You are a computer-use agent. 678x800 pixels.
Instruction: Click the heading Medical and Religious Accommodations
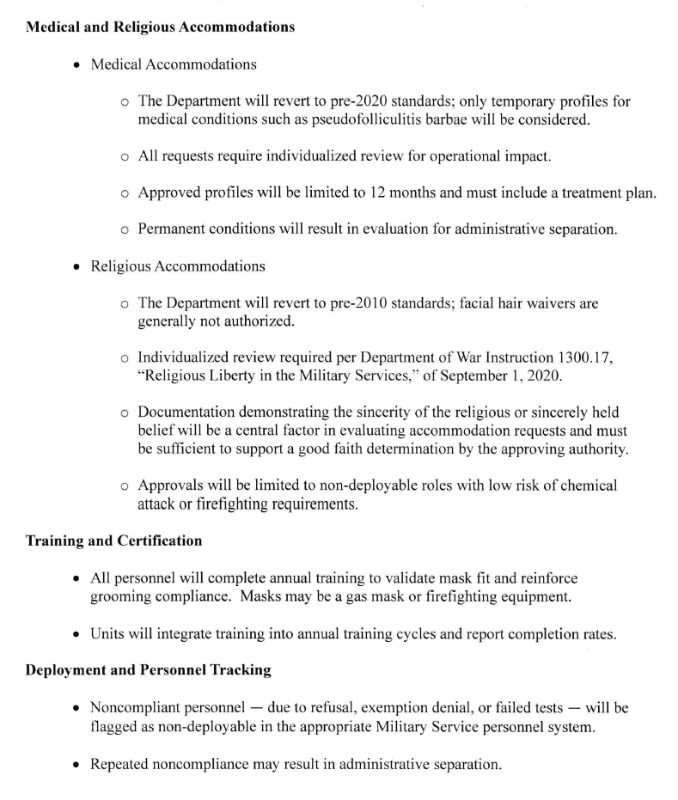[160, 27]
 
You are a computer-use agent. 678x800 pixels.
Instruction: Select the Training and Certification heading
[114, 540]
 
